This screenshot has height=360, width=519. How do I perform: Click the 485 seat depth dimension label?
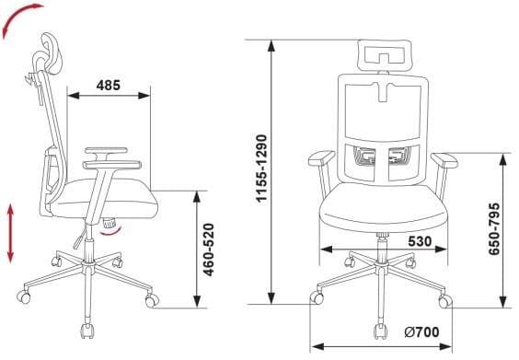[109, 86]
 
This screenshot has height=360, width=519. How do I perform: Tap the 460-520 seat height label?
[209, 250]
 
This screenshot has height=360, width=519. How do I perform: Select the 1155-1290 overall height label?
[261, 168]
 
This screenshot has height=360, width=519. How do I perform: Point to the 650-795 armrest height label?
[494, 229]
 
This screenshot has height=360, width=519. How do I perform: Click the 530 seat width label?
[420, 241]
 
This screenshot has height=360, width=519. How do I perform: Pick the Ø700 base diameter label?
[422, 331]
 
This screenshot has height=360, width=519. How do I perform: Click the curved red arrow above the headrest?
[20, 18]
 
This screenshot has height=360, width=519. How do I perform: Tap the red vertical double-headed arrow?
[11, 234]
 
